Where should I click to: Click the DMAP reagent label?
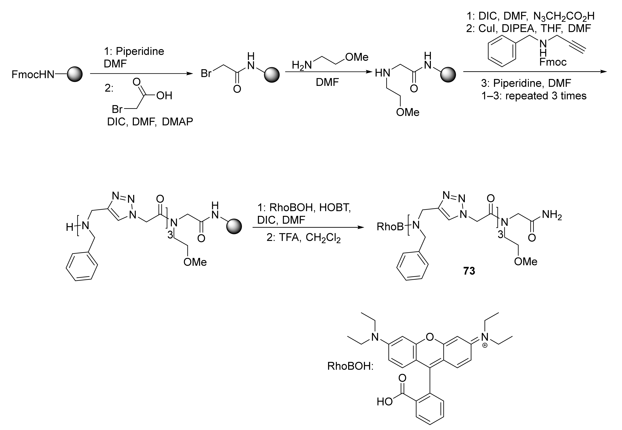(x=177, y=122)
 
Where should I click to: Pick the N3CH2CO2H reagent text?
(x=564, y=17)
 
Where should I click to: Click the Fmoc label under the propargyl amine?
(x=553, y=63)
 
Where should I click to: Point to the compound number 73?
(x=469, y=271)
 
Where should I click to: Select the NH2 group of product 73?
(x=552, y=215)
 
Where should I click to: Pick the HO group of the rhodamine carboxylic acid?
(x=385, y=402)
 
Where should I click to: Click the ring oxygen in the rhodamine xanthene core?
(x=430, y=337)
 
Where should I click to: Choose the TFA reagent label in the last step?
(x=290, y=238)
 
